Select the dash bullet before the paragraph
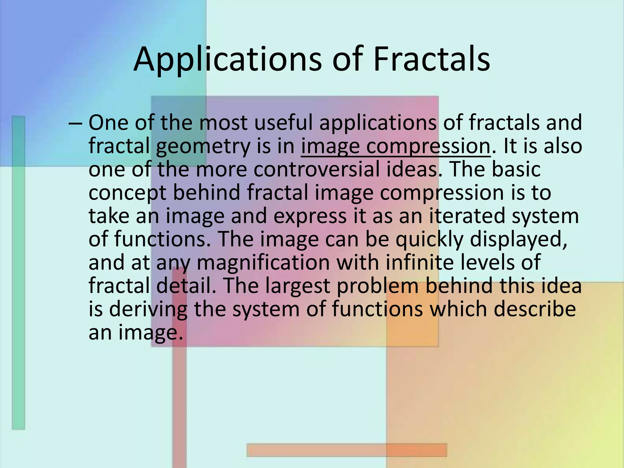click(x=76, y=123)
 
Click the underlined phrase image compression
click(x=395, y=146)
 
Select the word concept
click(x=127, y=193)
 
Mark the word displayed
click(x=518, y=239)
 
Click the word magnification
click(x=263, y=263)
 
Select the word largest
click(x=297, y=286)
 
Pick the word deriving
click(x=148, y=310)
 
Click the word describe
click(x=535, y=309)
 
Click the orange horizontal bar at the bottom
click(x=347, y=450)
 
